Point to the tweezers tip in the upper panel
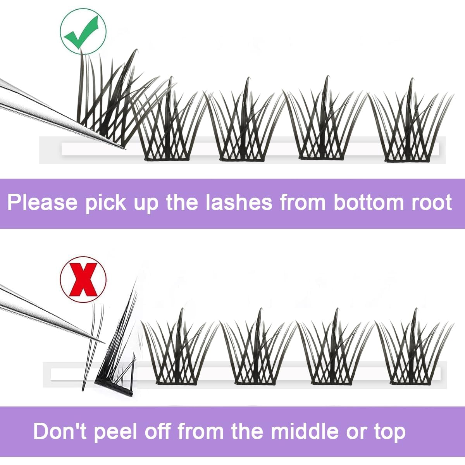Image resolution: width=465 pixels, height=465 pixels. pos(123,148)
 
